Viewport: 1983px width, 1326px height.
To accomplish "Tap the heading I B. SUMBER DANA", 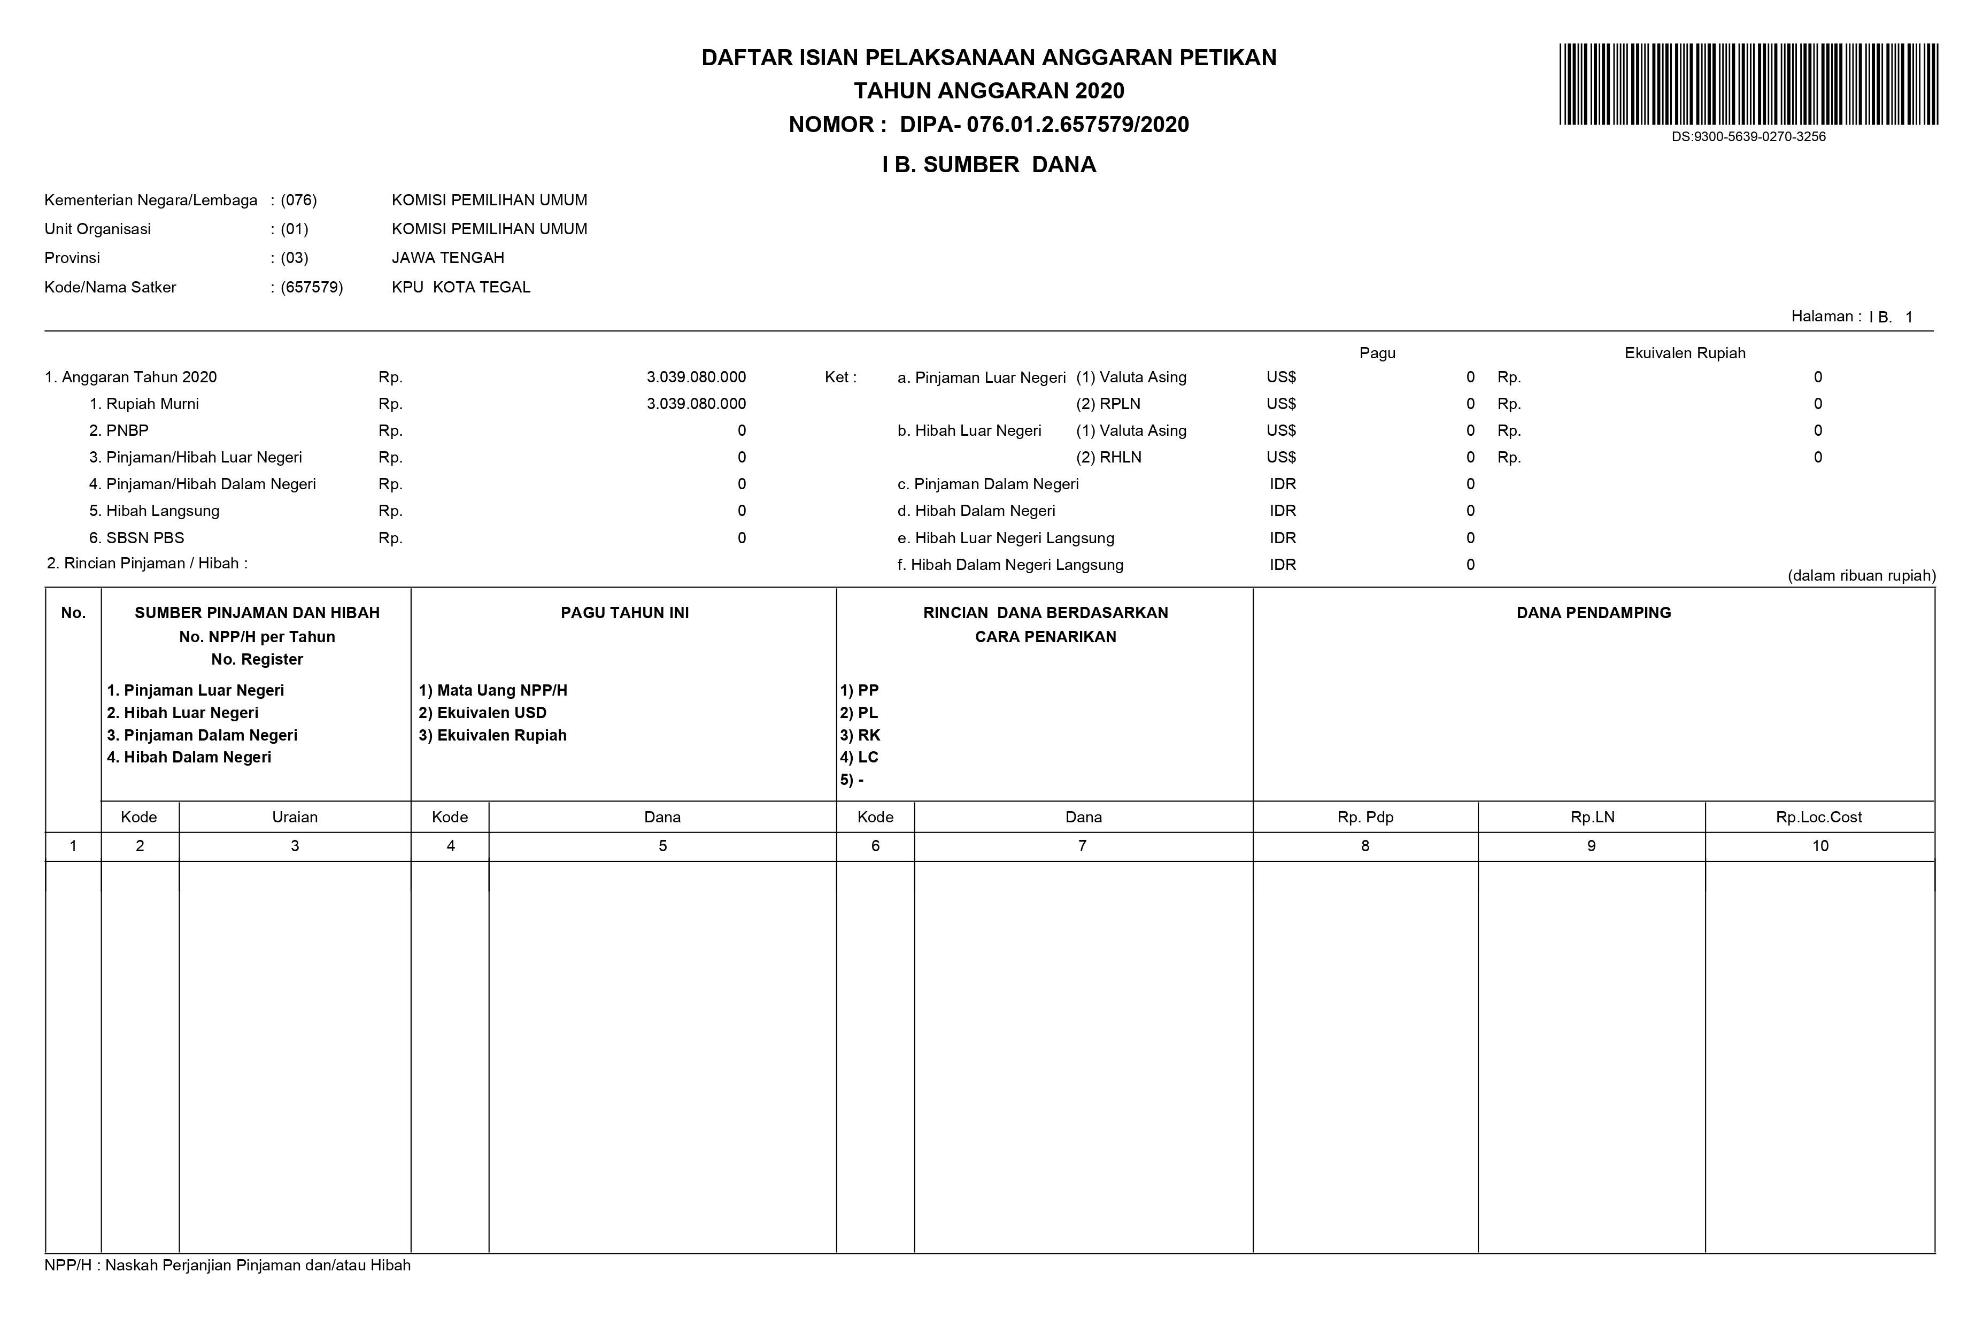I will pyautogui.click(x=989, y=165).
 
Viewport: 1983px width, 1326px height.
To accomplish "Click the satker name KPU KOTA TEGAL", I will pyautogui.click(x=461, y=288).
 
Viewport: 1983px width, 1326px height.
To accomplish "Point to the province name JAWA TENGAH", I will pyautogui.click(x=447, y=258).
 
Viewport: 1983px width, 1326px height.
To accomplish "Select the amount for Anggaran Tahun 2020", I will pyautogui.click(x=696, y=377).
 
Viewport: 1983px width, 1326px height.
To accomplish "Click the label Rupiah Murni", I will pyautogui.click(x=152, y=404).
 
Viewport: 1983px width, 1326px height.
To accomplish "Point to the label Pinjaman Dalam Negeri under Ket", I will pyautogui.click(x=996, y=484).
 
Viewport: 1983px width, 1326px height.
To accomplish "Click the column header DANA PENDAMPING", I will pyautogui.click(x=1593, y=613).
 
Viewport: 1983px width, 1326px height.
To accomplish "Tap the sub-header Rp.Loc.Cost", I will pyautogui.click(x=1818, y=817).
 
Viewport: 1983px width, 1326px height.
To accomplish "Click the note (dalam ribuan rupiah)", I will pyautogui.click(x=1861, y=576).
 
